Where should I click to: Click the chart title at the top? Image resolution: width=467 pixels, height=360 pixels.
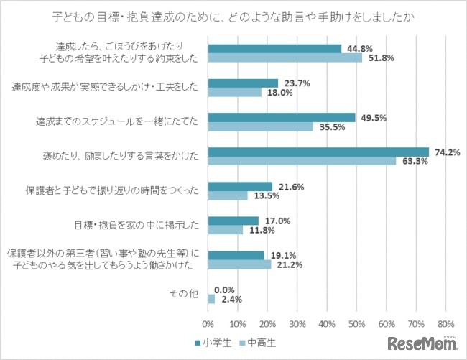pyautogui.click(x=233, y=16)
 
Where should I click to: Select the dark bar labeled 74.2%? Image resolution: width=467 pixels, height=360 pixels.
pyautogui.click(x=318, y=152)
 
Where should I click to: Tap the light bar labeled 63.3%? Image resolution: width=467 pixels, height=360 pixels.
pyautogui.click(x=302, y=161)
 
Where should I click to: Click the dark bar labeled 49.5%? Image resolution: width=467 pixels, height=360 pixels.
pyautogui.click(x=282, y=117)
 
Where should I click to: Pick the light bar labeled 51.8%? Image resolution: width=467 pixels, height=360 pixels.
pyautogui.click(x=285, y=58)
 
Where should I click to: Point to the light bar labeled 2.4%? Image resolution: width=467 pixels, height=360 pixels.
pyautogui.click(x=211, y=297)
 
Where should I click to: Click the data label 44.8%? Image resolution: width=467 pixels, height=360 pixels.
pyautogui.click(x=361, y=49)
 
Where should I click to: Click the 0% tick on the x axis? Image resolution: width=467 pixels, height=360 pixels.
pyautogui.click(x=208, y=323)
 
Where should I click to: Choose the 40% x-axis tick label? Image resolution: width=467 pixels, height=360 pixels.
pyautogui.click(x=327, y=323)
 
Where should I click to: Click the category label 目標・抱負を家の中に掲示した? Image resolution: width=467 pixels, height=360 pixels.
pyautogui.click(x=137, y=224)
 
